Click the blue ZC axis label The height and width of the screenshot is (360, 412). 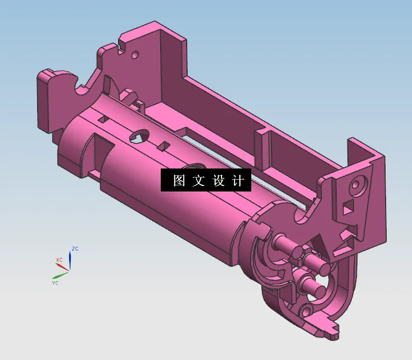(x=75, y=248)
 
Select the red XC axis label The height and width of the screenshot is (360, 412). (x=59, y=259)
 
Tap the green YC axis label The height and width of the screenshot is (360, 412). (x=55, y=282)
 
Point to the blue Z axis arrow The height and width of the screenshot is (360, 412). (x=70, y=259)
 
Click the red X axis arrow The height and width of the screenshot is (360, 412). (x=64, y=267)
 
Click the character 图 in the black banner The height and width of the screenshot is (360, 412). (x=179, y=181)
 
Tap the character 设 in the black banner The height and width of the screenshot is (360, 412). (x=218, y=181)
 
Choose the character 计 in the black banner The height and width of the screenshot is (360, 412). (x=238, y=181)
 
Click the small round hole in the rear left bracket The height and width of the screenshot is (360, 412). (x=134, y=55)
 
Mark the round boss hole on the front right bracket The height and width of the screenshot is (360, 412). (x=355, y=184)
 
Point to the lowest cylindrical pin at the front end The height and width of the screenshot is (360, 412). (x=316, y=291)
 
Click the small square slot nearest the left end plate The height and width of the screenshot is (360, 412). (x=103, y=119)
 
